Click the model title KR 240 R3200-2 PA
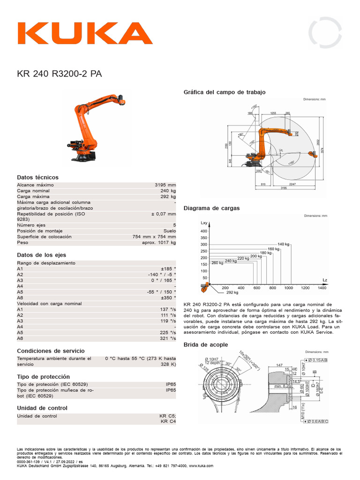pos(59,74)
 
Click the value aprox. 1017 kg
pos(159,243)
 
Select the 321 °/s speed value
pos(167,338)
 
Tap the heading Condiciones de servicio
pos(51,351)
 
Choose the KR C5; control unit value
pos(167,416)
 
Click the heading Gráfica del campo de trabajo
pos(225,92)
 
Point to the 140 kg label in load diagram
pos(284,244)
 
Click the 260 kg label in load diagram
pos(217,262)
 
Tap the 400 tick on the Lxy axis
pos(203,232)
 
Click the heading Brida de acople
pos(206,345)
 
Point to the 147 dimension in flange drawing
pos(279,364)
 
